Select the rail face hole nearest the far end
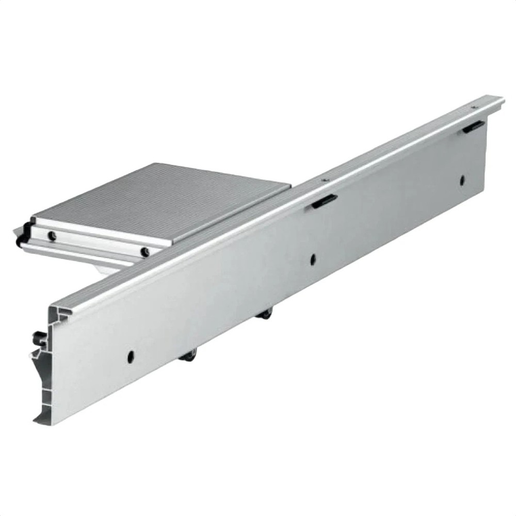point(462,180)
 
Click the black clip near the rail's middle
point(324,201)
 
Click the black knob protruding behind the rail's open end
point(37,339)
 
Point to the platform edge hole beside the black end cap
point(52,236)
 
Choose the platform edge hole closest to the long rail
point(146,251)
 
